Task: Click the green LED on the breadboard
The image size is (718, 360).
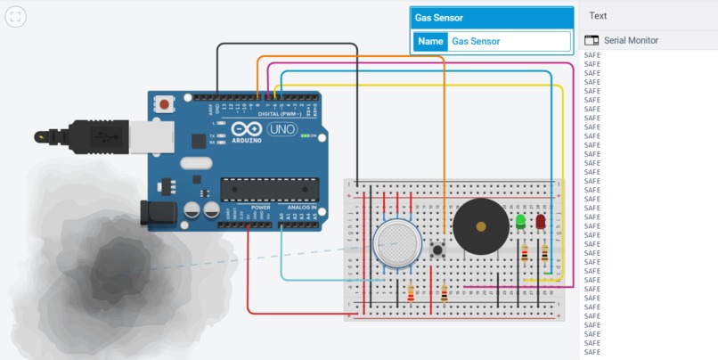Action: coord(520,220)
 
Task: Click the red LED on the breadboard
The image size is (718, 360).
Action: coord(541,221)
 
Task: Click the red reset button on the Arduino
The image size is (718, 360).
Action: coord(165,104)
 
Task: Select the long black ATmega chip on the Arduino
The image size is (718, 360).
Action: coord(270,188)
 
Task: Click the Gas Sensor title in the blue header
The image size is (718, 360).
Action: coord(439,18)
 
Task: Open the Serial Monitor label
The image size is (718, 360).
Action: coord(632,40)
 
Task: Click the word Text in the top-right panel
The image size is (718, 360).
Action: coord(598,15)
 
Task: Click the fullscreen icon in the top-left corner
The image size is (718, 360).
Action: coord(15,17)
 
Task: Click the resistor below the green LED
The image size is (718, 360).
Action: coord(523,255)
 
